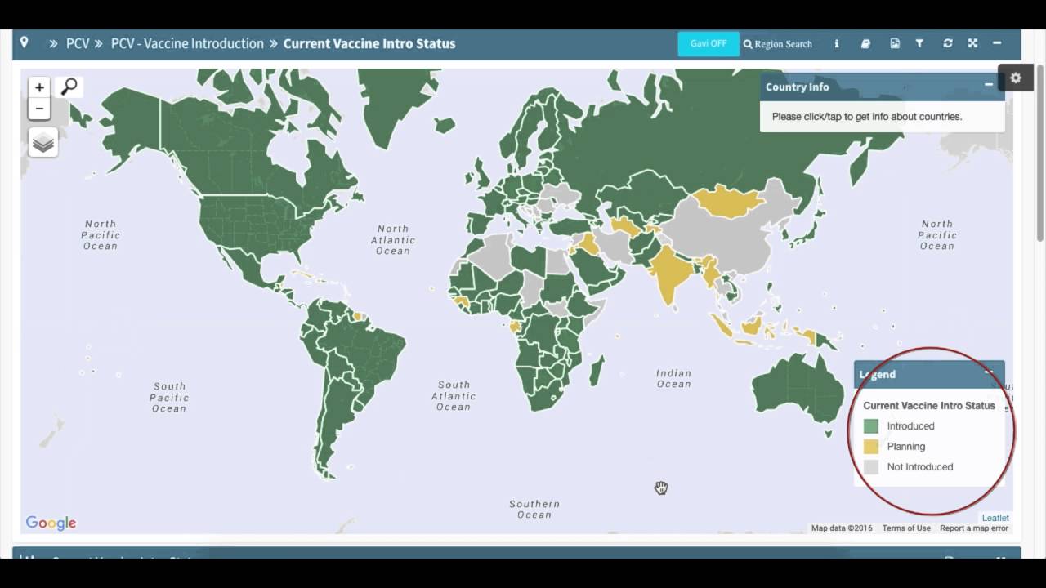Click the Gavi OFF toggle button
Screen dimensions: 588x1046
(708, 44)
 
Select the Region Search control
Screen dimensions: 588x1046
(778, 44)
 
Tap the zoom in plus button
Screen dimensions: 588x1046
(39, 87)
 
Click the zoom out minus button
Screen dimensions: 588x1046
(39, 109)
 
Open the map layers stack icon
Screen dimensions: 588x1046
(43, 143)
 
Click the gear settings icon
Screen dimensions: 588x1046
(1016, 78)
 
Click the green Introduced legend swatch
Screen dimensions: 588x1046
(871, 426)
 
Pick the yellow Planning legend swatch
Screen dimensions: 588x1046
(871, 447)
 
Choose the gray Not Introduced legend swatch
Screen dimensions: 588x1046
(871, 467)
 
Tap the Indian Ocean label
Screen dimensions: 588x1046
(674, 379)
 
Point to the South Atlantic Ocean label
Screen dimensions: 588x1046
(454, 396)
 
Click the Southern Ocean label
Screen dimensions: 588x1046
(534, 510)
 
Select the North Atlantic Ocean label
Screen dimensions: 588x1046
(393, 240)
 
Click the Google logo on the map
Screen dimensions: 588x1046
(51, 523)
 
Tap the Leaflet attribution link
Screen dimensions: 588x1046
(995, 518)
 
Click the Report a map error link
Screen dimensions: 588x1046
(974, 528)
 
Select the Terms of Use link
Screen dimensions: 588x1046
(906, 528)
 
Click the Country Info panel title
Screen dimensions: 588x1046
(797, 87)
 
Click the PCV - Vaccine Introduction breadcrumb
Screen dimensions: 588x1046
(187, 44)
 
